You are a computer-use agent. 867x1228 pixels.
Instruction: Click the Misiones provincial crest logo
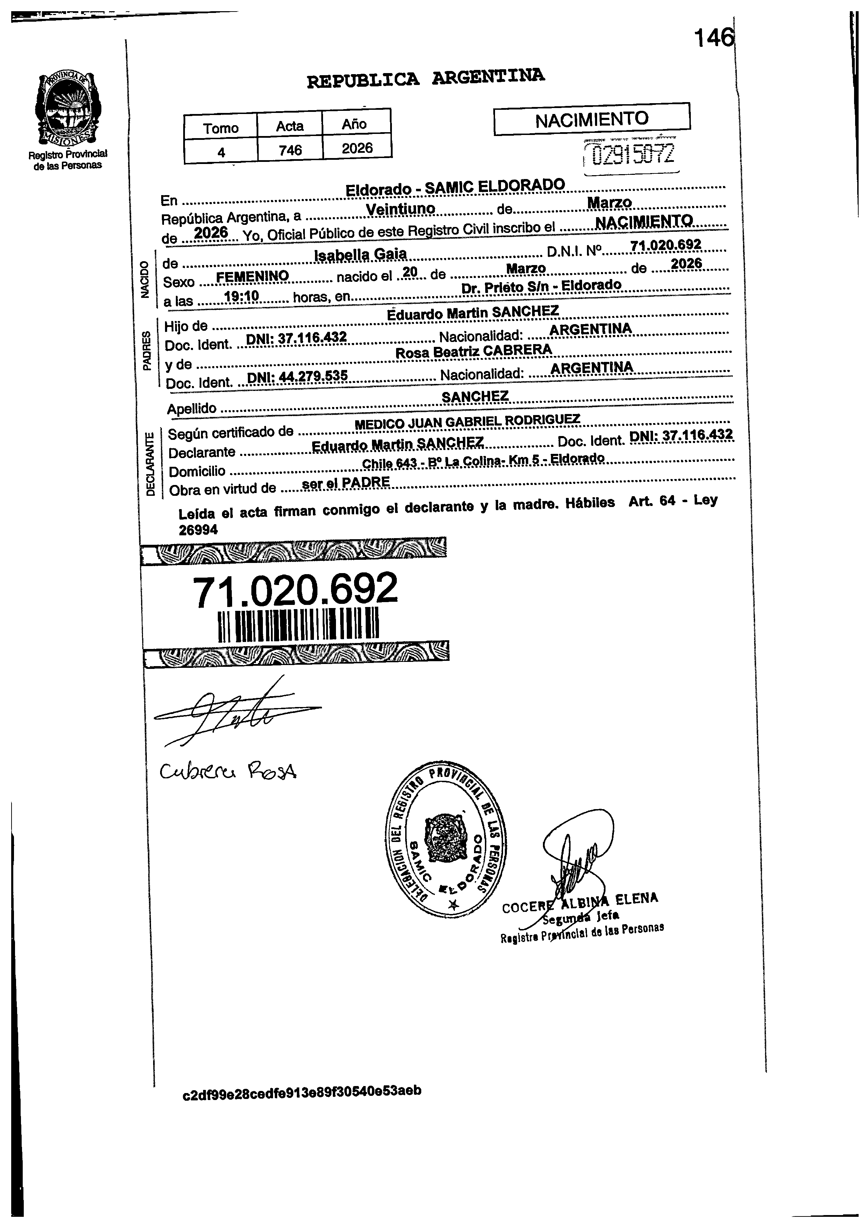click(x=67, y=109)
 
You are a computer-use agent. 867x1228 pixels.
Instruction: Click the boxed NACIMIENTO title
click(x=592, y=119)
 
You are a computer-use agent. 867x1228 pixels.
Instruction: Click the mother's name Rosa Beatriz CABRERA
click(x=473, y=351)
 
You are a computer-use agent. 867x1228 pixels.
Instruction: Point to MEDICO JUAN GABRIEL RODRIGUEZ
click(x=467, y=421)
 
